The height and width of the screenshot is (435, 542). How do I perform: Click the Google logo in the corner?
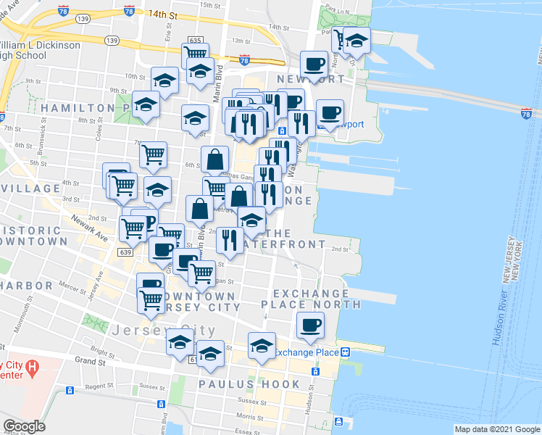pyautogui.click(x=24, y=426)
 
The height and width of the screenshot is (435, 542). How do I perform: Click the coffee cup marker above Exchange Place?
pyautogui.click(x=310, y=326)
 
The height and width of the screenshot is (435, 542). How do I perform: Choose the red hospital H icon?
pyautogui.click(x=31, y=368)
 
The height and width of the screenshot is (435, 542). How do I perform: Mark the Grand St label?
pyautogui.click(x=90, y=360)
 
